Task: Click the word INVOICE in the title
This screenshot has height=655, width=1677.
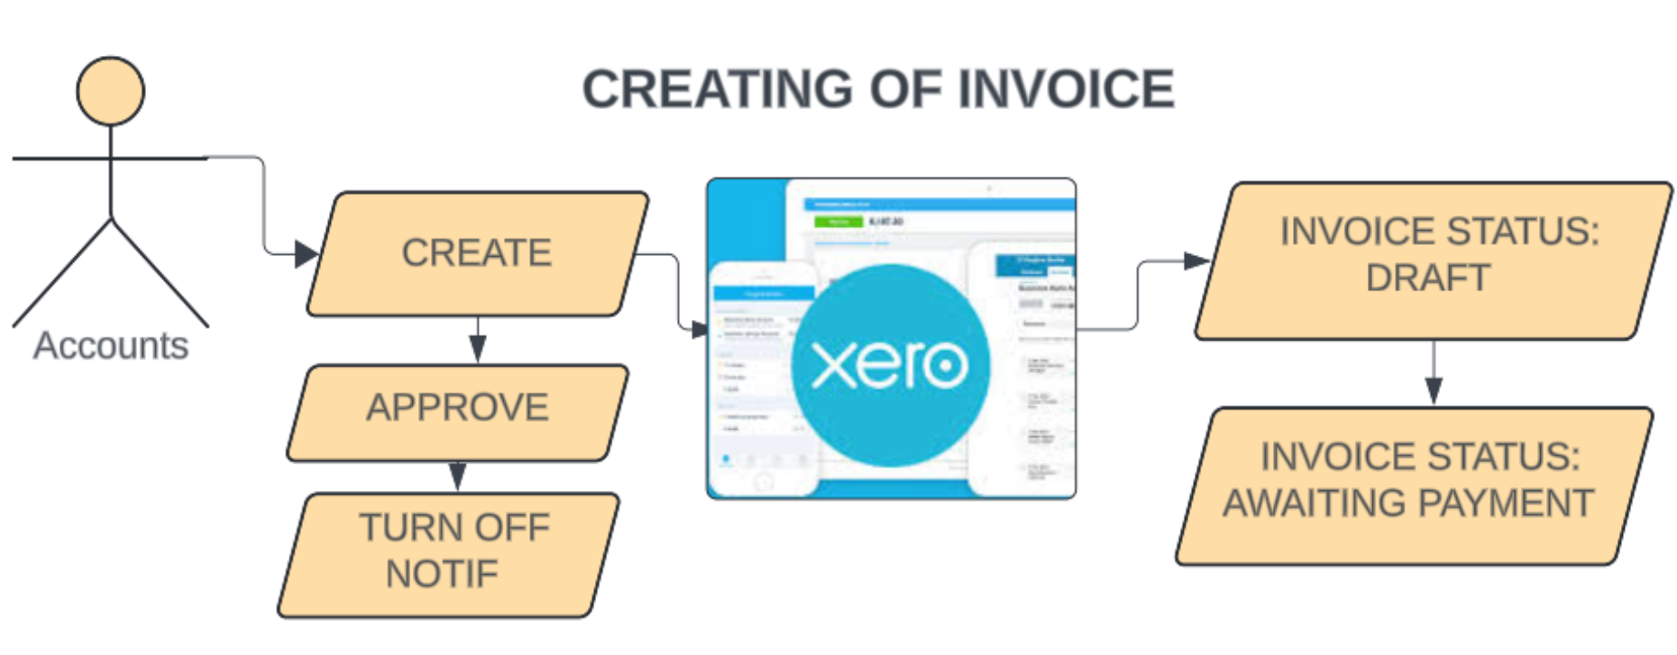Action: [1066, 89]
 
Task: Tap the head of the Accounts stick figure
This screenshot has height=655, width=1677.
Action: [110, 91]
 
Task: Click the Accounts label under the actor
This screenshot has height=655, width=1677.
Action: [111, 346]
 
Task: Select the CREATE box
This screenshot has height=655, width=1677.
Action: [477, 253]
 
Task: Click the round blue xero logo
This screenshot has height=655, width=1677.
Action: [890, 365]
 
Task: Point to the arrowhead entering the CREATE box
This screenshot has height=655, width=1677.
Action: [307, 254]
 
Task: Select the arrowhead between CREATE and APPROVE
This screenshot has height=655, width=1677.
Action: [478, 348]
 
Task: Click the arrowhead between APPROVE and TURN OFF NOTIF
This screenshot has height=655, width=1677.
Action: [458, 476]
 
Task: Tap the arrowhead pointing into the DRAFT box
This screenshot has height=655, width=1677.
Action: [1196, 261]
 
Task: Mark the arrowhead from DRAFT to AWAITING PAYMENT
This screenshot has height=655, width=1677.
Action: [1434, 390]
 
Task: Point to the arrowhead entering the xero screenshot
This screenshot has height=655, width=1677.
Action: [700, 331]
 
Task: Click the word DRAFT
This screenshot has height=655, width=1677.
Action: [1427, 278]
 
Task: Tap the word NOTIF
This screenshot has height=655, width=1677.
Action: [442, 574]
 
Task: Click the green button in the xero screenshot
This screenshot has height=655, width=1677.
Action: [838, 222]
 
